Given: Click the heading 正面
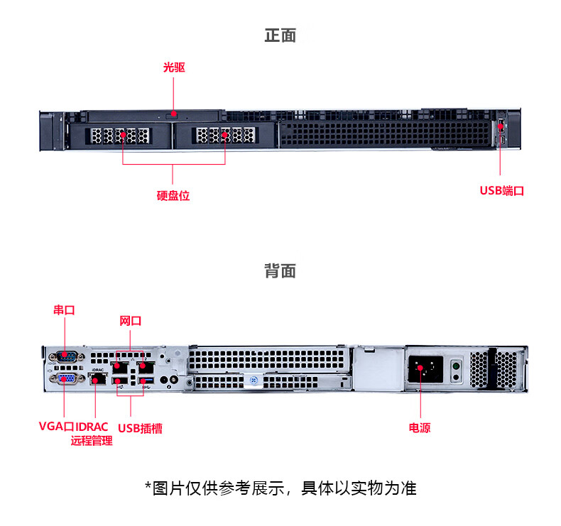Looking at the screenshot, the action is tap(280, 35).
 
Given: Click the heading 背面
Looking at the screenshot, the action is tap(280, 270).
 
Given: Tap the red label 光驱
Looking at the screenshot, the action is tap(174, 67).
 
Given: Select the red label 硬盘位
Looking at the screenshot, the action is tap(173, 196).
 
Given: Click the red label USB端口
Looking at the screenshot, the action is tap(501, 190).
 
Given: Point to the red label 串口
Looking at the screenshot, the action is tap(64, 309).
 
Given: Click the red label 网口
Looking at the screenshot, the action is tap(130, 321).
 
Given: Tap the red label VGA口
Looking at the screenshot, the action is tap(56, 426).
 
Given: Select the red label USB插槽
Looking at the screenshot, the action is tap(140, 428).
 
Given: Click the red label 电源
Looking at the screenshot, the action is tap(420, 427).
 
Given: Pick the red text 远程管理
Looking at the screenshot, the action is tap(92, 441).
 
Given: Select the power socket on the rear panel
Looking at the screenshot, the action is tap(425, 369).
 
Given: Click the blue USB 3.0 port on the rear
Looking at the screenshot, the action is tap(147, 380).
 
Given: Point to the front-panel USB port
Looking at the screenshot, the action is tap(501, 126).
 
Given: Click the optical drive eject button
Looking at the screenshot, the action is tap(172, 115).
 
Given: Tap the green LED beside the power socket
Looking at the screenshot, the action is tap(456, 366).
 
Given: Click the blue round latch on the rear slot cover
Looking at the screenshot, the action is tap(254, 380).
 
